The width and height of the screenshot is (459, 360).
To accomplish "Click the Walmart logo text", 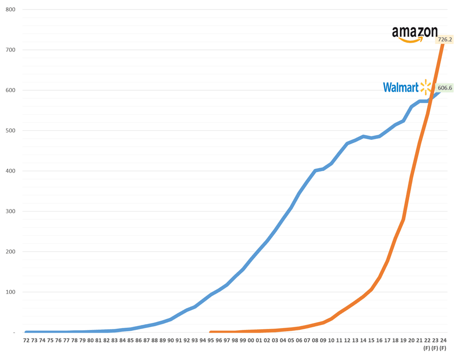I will (401, 87).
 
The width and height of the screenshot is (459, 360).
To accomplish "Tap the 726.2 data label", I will (445, 40).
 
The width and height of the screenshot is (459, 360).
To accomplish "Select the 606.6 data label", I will (445, 88).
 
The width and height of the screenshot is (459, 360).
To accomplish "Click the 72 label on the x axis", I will (26, 341).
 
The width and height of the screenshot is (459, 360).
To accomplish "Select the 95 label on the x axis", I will (211, 341).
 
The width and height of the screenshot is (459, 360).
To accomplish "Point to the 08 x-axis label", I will (315, 341).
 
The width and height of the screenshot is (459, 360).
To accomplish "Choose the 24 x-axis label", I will (443, 341).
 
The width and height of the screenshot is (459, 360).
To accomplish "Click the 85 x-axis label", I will (130, 341).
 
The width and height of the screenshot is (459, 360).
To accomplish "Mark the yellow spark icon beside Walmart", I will (426, 87).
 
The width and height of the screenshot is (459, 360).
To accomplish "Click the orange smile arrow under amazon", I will (411, 40).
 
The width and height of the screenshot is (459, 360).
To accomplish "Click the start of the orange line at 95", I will (211, 332).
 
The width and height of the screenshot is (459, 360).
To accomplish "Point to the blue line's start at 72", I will (26, 332).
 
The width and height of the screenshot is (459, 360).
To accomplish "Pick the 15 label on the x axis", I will (371, 341).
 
